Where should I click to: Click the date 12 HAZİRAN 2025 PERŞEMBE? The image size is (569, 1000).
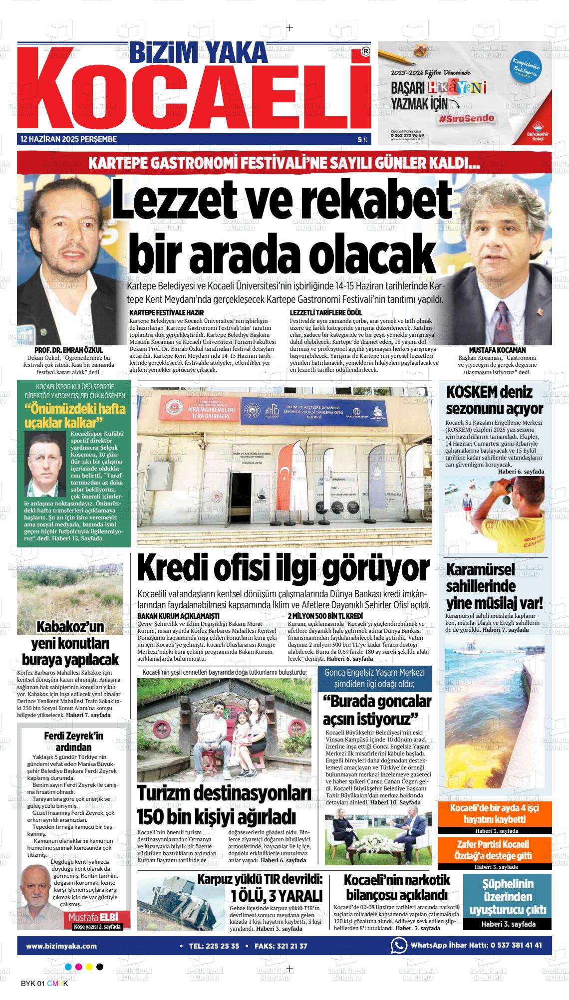point(68,139)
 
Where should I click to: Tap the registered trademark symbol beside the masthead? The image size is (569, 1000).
point(366,51)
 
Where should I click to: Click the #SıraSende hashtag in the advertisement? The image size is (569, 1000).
point(467,118)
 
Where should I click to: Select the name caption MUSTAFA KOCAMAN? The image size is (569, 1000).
point(497,350)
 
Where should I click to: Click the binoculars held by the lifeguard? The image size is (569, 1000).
point(514,484)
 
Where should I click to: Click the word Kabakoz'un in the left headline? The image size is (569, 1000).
point(70,627)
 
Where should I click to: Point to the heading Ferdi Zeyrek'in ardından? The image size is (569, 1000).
point(73,741)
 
